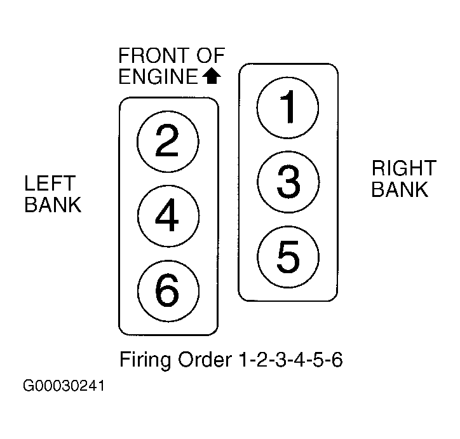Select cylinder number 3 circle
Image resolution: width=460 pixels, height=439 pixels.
click(288, 180)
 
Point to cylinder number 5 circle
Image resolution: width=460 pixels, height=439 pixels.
click(288, 255)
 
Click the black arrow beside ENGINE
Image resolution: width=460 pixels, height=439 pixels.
click(211, 77)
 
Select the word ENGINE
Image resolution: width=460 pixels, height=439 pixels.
click(158, 77)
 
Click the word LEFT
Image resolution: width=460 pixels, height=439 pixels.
click(50, 184)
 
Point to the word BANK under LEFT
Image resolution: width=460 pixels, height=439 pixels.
click(53, 205)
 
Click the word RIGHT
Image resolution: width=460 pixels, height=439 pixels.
click(403, 168)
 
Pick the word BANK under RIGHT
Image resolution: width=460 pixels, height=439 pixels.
click(400, 189)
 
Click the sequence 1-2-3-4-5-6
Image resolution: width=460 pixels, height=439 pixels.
click(291, 361)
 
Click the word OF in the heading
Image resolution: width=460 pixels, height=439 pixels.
click(212, 56)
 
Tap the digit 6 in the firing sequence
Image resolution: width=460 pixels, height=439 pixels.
click(337, 361)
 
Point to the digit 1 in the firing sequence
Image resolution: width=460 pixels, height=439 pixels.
click(244, 361)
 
